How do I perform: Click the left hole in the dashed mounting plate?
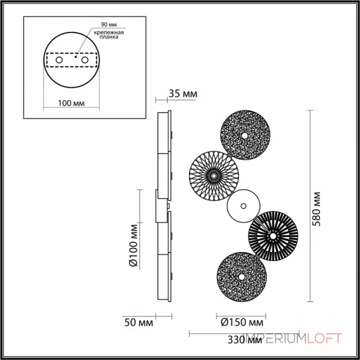click(x=59, y=60)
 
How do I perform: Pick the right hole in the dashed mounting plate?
click(x=85, y=60)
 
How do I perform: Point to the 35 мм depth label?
click(x=183, y=94)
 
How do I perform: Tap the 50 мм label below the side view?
click(x=139, y=323)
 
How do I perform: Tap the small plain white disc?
click(x=243, y=206)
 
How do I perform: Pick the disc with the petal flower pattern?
click(x=212, y=173)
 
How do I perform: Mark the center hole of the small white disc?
click(x=243, y=206)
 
